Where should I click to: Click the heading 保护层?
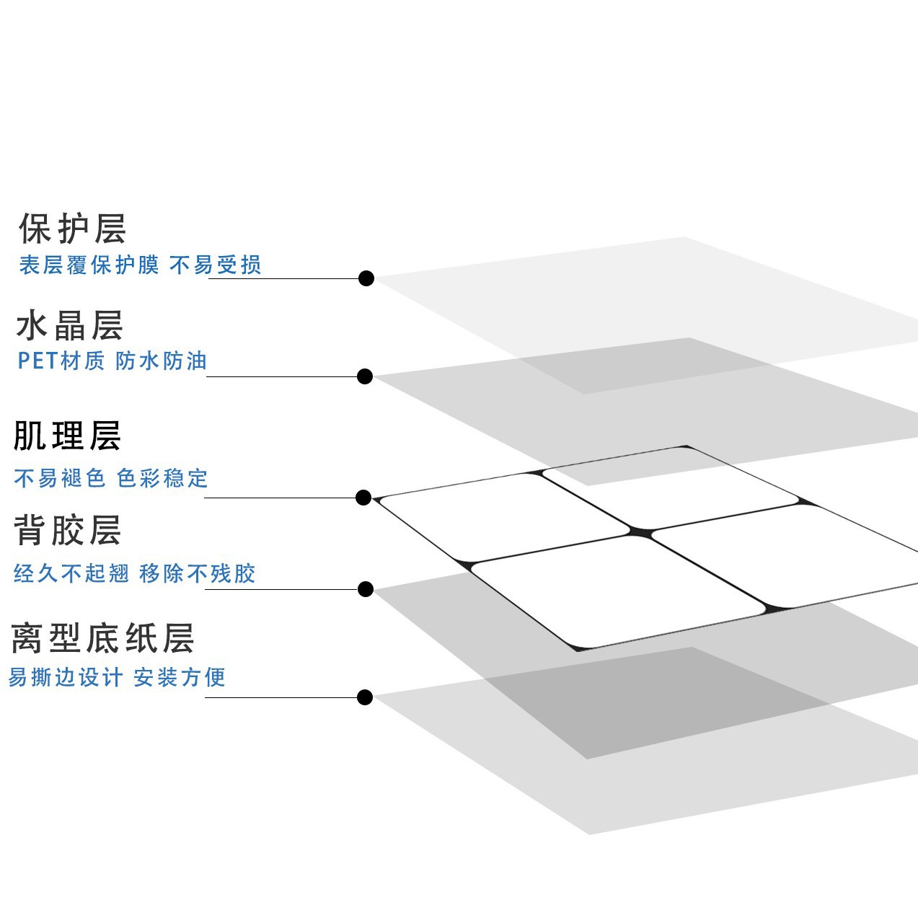point(72,229)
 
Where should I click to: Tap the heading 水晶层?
point(69,325)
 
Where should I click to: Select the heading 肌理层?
point(67,436)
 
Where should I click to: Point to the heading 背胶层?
point(67,530)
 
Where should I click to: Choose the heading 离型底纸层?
point(102,638)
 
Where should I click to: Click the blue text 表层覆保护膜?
point(89,265)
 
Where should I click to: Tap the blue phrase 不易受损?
point(216,265)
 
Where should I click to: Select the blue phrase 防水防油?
point(162,361)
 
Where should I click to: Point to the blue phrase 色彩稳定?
point(162,478)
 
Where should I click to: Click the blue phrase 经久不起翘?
point(71,573)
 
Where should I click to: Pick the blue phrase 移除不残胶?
point(198,573)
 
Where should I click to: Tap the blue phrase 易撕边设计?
point(66,677)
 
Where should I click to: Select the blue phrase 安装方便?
point(180,677)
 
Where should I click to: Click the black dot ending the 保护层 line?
point(366,278)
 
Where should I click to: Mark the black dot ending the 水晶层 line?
point(365,376)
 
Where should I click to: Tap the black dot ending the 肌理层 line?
point(363,498)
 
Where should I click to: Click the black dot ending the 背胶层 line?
point(366,589)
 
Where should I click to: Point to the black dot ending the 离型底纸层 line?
point(365,697)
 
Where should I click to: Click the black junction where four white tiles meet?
point(640,533)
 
